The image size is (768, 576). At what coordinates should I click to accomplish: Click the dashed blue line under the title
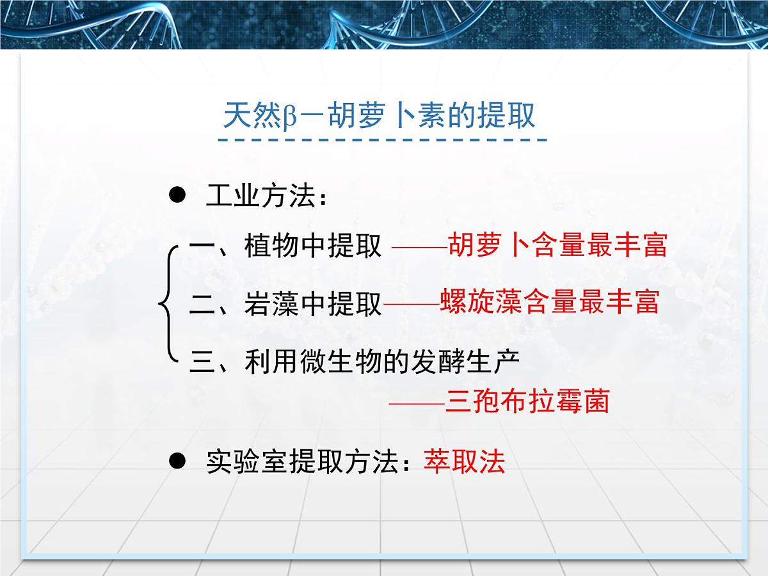coord(383,140)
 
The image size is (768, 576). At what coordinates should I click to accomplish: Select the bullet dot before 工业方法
coord(177,195)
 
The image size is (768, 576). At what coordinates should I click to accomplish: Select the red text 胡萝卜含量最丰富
coord(557,244)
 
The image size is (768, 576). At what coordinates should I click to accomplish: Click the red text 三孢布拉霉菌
coord(527,402)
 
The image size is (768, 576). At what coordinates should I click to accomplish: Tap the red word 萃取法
coord(464,461)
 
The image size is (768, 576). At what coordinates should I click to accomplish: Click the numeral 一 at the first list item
coord(203,246)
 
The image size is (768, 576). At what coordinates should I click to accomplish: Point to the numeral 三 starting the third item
coord(203,362)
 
